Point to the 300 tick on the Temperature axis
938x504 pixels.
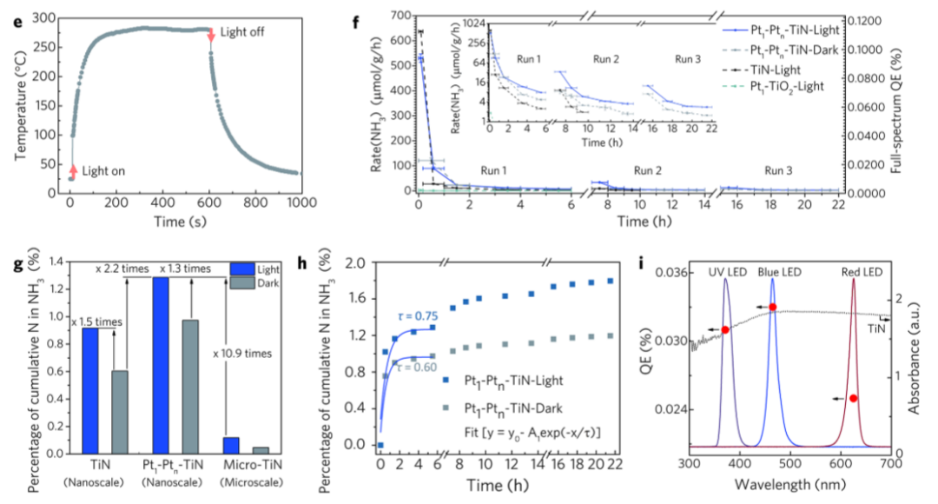[43, 17]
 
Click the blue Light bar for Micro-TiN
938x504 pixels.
[231, 445]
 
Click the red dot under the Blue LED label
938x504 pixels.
[772, 307]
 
